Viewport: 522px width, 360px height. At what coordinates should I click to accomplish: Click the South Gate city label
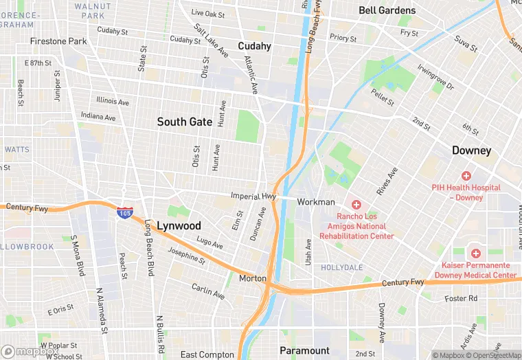[185, 122]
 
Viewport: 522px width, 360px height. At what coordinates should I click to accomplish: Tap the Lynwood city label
[179, 226]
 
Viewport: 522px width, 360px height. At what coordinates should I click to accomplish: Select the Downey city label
[471, 150]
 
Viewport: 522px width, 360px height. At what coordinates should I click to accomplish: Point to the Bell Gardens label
[387, 10]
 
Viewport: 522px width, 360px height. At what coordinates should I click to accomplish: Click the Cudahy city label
[254, 46]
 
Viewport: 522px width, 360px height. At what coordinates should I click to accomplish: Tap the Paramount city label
[305, 350]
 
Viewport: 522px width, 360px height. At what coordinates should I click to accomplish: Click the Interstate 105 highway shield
[124, 213]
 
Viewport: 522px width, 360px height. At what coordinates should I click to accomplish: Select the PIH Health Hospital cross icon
[466, 176]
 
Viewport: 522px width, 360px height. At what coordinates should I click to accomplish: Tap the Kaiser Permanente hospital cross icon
[475, 254]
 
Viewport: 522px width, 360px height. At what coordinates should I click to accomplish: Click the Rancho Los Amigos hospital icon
[356, 205]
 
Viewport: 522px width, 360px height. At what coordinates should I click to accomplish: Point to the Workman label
[316, 202]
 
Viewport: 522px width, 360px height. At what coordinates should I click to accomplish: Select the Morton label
[252, 279]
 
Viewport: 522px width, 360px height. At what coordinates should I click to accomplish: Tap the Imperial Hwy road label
[253, 196]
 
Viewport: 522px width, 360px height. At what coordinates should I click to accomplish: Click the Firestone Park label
[58, 41]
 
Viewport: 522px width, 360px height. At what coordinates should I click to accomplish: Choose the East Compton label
[207, 355]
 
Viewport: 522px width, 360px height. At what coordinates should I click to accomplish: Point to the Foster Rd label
[460, 298]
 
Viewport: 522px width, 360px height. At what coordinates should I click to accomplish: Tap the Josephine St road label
[186, 257]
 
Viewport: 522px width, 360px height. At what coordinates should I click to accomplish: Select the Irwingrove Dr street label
[435, 77]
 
